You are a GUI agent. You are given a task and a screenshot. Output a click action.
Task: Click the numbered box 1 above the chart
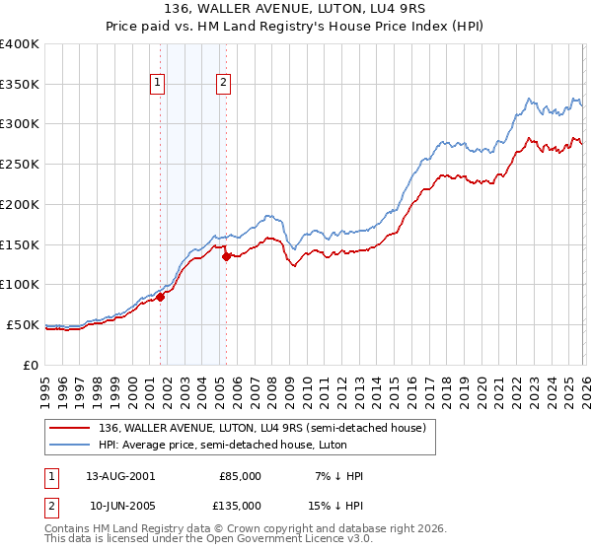pos(158,84)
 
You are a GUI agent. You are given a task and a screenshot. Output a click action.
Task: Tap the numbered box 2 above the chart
pos(224,84)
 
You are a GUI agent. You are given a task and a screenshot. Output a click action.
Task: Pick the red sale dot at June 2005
pos(227,256)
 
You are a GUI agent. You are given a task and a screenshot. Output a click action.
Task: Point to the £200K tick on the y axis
pos(21,204)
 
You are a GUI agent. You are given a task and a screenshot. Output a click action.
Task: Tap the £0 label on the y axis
pos(32,365)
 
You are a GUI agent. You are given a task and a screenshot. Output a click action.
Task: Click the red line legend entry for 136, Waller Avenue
pos(261,428)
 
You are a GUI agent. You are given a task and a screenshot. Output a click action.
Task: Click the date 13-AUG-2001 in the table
pos(121,476)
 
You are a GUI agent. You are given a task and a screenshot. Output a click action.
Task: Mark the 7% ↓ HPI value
pos(338,476)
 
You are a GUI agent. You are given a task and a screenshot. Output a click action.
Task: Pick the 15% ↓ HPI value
pos(338,505)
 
